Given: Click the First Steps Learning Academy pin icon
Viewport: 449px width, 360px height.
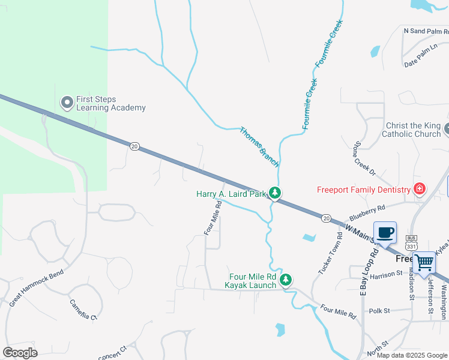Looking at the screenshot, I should click(x=67, y=103).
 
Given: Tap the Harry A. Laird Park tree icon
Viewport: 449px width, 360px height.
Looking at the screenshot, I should click(x=275, y=193).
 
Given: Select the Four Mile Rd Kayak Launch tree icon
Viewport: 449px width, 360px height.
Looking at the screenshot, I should click(x=286, y=280).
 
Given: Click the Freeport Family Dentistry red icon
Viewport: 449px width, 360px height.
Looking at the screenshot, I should click(x=419, y=190).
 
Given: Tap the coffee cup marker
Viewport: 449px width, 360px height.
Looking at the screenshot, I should click(x=384, y=232).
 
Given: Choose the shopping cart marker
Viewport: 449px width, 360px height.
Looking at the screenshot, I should click(x=424, y=262).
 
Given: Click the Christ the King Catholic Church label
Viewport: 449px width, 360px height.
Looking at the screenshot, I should click(x=413, y=130).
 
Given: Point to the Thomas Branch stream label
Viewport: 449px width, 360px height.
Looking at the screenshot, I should click(x=259, y=146).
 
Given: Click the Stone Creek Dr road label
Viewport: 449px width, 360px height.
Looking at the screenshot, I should click(x=364, y=158).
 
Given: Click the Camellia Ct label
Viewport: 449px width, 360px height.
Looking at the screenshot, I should click(x=83, y=310).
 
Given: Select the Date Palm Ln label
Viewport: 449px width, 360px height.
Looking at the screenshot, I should click(x=419, y=62).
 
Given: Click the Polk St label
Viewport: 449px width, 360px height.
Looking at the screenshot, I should click(x=379, y=311).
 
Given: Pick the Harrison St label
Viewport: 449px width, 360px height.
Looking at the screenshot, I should click(x=385, y=275).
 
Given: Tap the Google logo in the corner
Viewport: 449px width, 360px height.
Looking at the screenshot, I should click(x=19, y=353).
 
